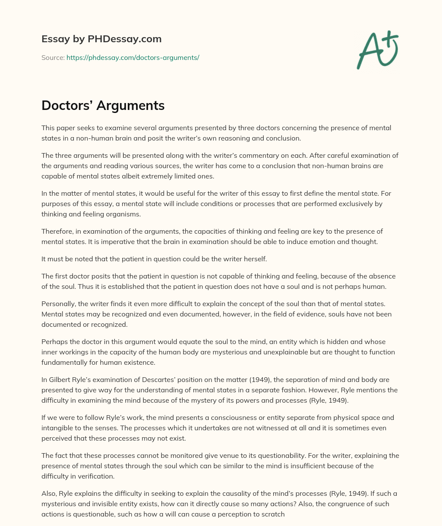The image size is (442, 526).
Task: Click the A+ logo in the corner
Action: [x=377, y=50]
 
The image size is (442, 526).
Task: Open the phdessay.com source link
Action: [x=133, y=57]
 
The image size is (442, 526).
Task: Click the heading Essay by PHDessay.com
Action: [x=101, y=39]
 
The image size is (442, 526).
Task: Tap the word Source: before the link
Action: [x=53, y=57]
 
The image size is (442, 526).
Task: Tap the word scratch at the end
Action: [x=272, y=514]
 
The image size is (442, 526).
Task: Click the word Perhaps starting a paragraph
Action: [x=54, y=341]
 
